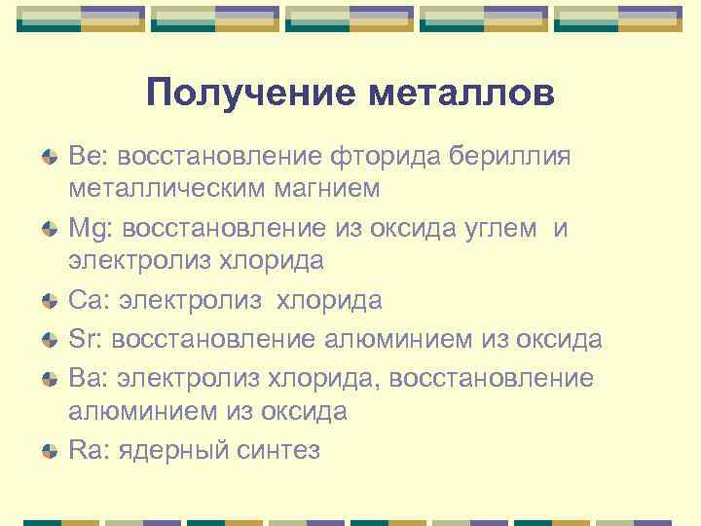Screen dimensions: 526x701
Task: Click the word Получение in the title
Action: point(249,94)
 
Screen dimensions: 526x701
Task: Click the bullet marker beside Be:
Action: point(49,156)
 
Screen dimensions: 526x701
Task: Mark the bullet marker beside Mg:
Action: point(49,230)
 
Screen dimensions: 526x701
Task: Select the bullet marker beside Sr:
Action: point(49,340)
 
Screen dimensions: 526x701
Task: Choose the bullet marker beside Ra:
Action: point(49,450)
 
